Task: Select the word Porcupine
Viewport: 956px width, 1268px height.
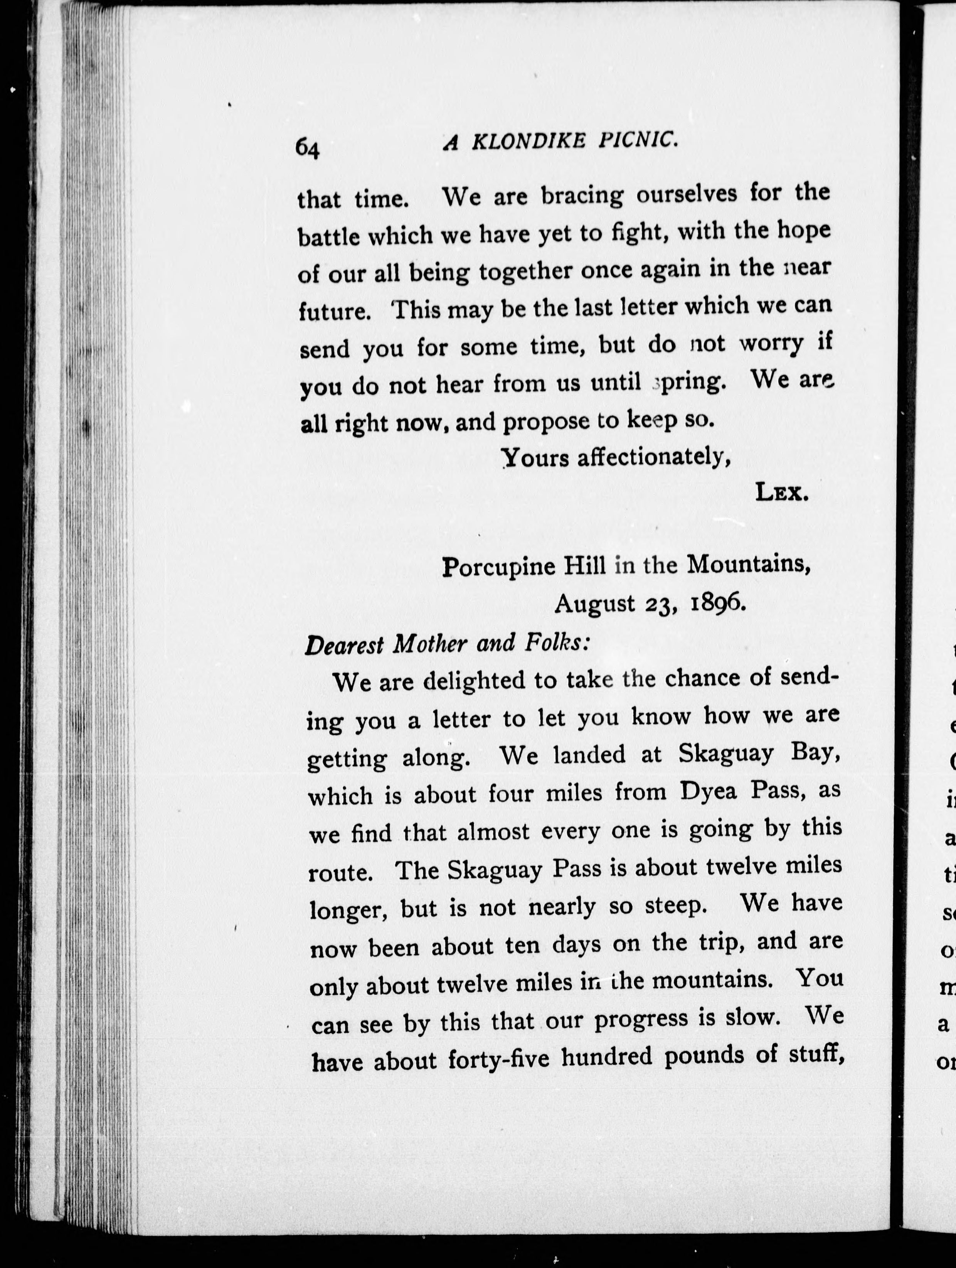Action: (499, 568)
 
